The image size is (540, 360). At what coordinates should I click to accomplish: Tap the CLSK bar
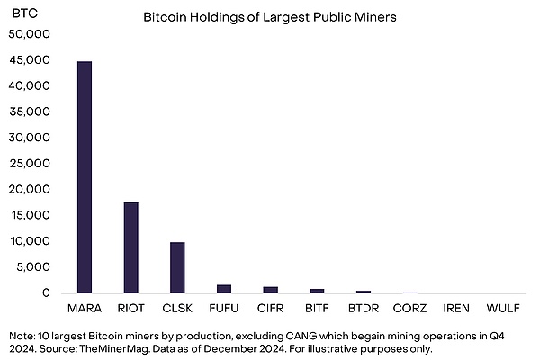coord(177,267)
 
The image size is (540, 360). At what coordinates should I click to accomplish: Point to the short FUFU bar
coord(224,289)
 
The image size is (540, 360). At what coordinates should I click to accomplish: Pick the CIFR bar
coord(271,290)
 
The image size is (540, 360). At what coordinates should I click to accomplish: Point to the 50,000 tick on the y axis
coord(31,34)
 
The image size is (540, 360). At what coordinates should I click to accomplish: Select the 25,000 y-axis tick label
coord(31,164)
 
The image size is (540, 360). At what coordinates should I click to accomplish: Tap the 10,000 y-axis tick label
coord(31,241)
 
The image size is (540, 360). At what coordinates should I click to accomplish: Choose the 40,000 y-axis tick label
coord(31,86)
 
